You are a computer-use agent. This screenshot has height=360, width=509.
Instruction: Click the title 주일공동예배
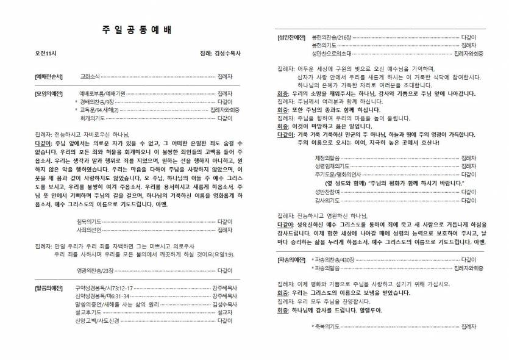[x=134, y=30]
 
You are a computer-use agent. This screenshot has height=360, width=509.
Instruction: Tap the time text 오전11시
[x=46, y=54]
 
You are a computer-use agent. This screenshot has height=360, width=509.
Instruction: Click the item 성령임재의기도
[x=330, y=166]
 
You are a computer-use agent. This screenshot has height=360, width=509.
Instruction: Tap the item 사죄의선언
[x=90, y=230]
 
